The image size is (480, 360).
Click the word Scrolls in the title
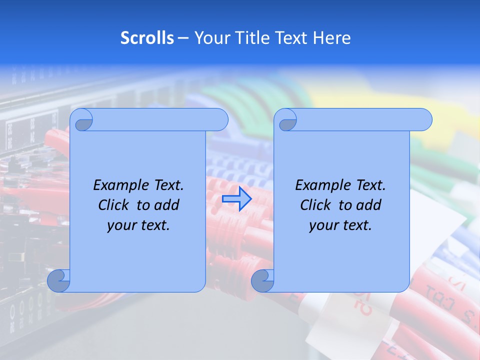[x=147, y=38]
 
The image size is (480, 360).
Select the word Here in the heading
[x=332, y=38]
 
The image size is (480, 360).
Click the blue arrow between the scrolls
[x=236, y=198]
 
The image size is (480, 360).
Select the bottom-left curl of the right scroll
[x=262, y=280]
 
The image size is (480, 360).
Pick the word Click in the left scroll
[x=114, y=205]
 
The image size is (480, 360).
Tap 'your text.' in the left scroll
[x=138, y=225]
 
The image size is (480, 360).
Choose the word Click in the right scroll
[x=315, y=205]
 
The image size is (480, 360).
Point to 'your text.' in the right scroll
[x=340, y=225]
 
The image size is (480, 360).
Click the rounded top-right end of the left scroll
[x=218, y=120]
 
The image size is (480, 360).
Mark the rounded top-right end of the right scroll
[x=422, y=120]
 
